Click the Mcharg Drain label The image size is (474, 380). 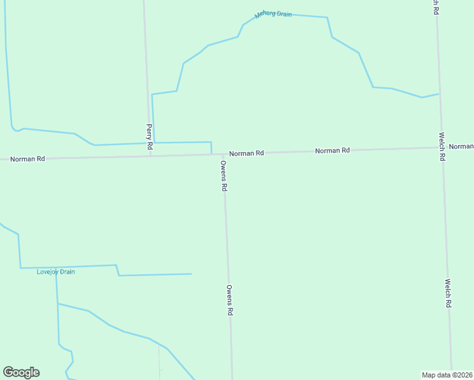[x=273, y=14]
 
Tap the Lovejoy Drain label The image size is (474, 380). [x=56, y=272]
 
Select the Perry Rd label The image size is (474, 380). [x=150, y=137]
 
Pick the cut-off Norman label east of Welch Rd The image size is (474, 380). [x=461, y=146]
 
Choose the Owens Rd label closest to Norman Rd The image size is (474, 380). [x=224, y=175]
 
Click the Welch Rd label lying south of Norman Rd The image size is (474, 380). [x=447, y=293]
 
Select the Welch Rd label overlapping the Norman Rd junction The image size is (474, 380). [x=441, y=146]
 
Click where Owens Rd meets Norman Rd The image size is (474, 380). [x=223, y=154]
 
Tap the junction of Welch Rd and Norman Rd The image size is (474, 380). [x=441, y=147]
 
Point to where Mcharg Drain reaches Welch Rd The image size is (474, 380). [x=439, y=94]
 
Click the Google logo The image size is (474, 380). [x=21, y=372]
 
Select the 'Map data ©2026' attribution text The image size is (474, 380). [x=447, y=375]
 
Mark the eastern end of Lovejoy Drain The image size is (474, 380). [x=191, y=274]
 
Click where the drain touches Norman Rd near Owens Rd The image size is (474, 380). [x=212, y=153]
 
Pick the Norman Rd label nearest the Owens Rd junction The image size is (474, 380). [x=247, y=153]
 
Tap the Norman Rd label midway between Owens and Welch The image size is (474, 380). [x=332, y=151]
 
